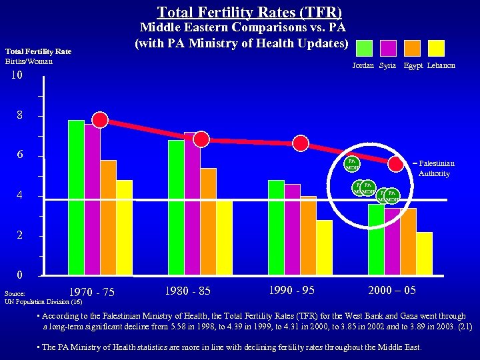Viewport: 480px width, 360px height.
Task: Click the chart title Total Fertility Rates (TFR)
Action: pos(249,12)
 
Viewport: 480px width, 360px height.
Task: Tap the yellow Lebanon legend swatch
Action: pos(436,48)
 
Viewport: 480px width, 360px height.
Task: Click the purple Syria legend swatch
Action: pos(388,48)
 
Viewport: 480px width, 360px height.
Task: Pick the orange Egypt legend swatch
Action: pos(412,48)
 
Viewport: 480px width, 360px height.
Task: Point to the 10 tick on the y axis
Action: pos(17,76)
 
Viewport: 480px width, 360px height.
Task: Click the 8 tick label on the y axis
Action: pos(21,116)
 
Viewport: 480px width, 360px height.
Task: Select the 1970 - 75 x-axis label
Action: pos(92,292)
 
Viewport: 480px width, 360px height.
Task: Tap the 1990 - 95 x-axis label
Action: pos(292,290)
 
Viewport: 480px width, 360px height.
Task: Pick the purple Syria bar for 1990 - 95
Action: pos(292,229)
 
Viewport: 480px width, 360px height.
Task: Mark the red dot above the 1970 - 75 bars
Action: pos(100,119)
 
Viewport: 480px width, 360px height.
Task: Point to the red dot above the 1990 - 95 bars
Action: pos(301,143)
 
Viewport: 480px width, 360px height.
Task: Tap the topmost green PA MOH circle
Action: pos(352,163)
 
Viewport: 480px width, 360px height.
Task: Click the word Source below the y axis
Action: pos(15,293)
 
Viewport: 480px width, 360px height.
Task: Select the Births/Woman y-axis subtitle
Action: pos(29,61)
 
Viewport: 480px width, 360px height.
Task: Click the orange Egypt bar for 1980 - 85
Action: pos(208,221)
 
